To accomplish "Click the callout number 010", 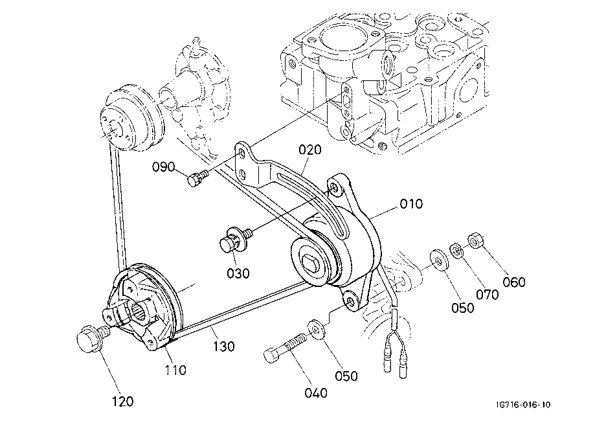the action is [411, 204].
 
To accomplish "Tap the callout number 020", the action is [310, 150].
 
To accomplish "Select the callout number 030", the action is [238, 273].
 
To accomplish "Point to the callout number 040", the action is [316, 393].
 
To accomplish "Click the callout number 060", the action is [514, 282].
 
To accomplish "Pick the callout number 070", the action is [488, 294].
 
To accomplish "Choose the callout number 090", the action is [164, 166].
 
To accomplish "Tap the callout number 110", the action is [175, 370].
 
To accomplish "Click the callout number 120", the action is [122, 402].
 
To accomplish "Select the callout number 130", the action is [223, 347].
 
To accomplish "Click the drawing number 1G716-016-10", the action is [522, 405].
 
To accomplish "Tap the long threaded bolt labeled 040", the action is [285, 347].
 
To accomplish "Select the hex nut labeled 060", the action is [475, 241].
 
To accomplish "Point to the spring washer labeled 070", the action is [456, 251].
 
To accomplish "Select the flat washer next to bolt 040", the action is [316, 328].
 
